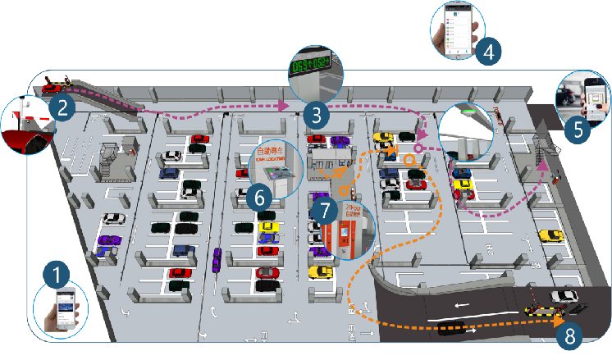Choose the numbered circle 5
click(578, 129)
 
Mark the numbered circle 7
click(326, 210)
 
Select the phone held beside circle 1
click(64, 308)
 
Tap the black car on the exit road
click(452, 329)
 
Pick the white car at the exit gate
click(564, 296)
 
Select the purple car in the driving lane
click(217, 259)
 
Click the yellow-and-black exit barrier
click(541, 312)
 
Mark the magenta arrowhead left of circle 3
click(282, 106)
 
